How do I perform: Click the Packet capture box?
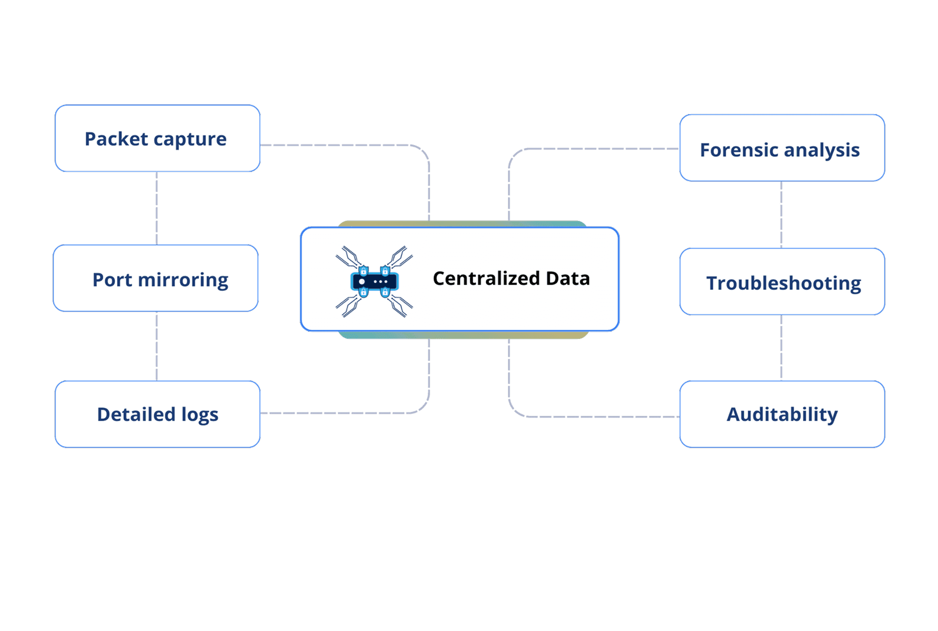click(157, 139)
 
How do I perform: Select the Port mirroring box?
click(156, 278)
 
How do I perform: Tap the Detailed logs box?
click(157, 414)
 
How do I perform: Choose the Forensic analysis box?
click(782, 148)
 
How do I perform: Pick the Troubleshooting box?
click(782, 282)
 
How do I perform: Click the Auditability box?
click(782, 414)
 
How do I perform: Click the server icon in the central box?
click(374, 282)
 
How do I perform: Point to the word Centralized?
click(478, 279)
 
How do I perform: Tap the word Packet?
click(116, 139)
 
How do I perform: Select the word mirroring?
click(183, 280)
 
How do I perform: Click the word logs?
click(200, 415)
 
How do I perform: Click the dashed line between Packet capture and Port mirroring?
click(157, 208)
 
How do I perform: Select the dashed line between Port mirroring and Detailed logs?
click(157, 346)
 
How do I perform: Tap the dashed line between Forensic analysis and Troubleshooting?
click(781, 215)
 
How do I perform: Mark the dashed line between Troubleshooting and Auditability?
click(781, 348)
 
